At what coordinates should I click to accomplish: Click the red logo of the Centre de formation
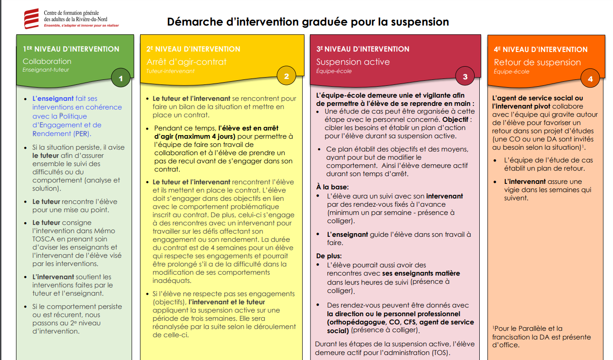tap(31, 19)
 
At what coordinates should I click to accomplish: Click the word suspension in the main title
tap(419, 21)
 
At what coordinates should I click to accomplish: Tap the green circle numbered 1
tap(121, 78)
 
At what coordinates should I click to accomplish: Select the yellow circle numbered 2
tap(287, 76)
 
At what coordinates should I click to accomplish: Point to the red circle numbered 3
tap(465, 77)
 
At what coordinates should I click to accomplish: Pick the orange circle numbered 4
tap(590, 79)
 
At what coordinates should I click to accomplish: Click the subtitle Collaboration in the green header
tap(47, 61)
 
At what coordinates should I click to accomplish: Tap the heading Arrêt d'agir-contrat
tap(186, 62)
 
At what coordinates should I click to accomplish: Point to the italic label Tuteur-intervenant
tap(170, 71)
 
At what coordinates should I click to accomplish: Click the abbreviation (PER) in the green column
tap(81, 134)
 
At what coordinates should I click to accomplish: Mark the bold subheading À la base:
tap(332, 187)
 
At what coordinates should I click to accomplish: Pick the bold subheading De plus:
tap(329, 256)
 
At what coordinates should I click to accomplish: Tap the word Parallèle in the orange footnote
tap(526, 329)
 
